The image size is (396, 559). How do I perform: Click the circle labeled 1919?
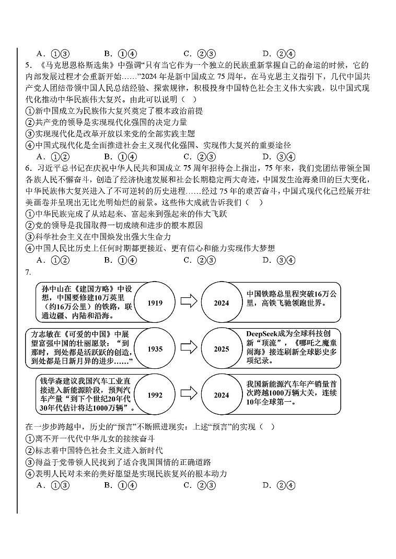[x=155, y=302]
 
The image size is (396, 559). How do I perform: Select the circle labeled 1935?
[x=155, y=348]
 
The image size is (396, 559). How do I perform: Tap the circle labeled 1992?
[x=155, y=395]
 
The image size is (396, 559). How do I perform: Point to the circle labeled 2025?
[x=221, y=348]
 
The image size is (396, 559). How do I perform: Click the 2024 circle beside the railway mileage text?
[x=221, y=302]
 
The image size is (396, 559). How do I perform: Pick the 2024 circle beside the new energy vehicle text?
[x=221, y=395]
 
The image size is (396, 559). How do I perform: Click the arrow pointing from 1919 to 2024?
[x=188, y=302]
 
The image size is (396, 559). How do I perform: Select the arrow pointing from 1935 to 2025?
[x=188, y=348]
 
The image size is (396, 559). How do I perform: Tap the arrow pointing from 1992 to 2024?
[x=188, y=395]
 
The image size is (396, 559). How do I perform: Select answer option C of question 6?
[x=200, y=260]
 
